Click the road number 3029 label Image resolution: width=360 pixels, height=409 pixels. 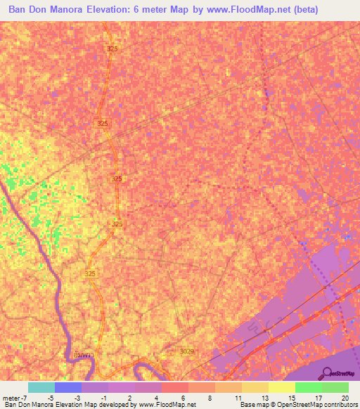(186, 351)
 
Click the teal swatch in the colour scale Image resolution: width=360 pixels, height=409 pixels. (41, 387)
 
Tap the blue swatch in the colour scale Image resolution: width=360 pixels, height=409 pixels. (68, 387)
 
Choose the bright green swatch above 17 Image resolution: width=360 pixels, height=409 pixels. (309, 387)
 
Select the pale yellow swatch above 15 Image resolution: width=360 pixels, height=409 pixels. (282, 387)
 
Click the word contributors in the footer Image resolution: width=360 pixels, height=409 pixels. (337, 405)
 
